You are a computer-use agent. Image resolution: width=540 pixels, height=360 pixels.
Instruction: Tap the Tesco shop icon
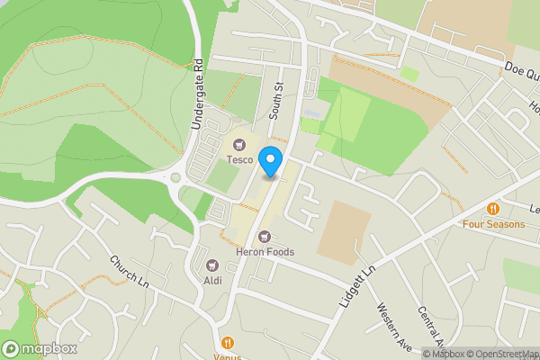pos(239,144)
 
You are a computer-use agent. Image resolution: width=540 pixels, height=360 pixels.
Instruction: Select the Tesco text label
pos(239,159)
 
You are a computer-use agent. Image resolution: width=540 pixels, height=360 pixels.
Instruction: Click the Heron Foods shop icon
pos(265,236)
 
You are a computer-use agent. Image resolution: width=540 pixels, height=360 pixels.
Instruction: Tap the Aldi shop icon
pos(212,265)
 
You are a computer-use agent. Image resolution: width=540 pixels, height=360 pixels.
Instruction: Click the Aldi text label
pos(212,281)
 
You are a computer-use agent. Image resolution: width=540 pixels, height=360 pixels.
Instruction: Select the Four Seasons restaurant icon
pos(492,209)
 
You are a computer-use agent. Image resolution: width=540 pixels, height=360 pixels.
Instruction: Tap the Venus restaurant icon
pos(228,342)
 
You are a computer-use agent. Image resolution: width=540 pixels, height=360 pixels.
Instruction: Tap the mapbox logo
pos(40,348)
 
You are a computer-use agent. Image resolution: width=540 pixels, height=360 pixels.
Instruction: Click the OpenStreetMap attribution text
pos(500,354)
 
